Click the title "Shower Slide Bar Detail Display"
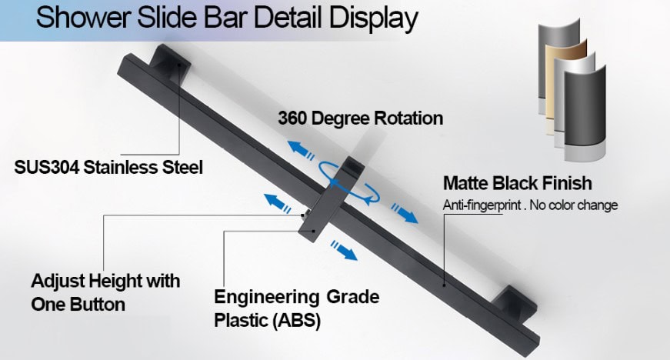226,18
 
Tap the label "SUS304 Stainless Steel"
108,167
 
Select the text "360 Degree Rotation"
360,118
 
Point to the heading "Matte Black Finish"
518,183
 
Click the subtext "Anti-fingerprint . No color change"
530,205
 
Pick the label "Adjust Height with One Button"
105,292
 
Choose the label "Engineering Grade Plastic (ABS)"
297,308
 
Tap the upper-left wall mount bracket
170,61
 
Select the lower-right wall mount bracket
514,302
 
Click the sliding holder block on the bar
331,200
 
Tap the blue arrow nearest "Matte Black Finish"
405,214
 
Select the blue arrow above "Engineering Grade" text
344,250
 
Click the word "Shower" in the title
83,18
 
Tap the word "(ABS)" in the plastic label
296,320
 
